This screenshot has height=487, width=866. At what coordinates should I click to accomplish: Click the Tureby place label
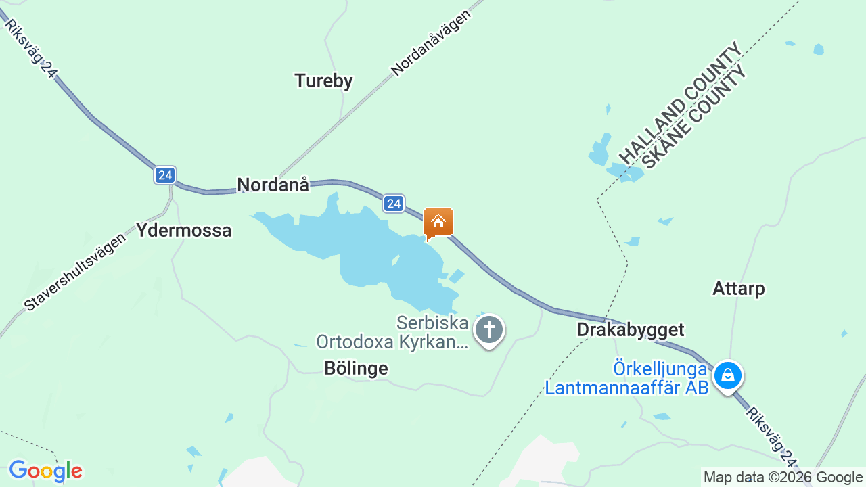click(x=323, y=81)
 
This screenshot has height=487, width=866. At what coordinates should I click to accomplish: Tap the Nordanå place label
click(x=273, y=185)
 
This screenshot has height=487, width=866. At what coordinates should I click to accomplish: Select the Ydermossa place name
click(x=184, y=230)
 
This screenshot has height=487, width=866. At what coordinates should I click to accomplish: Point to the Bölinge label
click(x=356, y=368)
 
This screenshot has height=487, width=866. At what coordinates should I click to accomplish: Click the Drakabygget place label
click(x=631, y=329)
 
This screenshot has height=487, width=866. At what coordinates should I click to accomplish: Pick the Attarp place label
click(x=738, y=289)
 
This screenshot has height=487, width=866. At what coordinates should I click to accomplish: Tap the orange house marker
click(x=438, y=223)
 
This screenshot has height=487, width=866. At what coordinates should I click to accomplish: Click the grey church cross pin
click(x=488, y=330)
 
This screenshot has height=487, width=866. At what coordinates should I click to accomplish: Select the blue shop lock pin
click(x=728, y=374)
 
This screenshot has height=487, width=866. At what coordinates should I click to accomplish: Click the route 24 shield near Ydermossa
click(x=164, y=175)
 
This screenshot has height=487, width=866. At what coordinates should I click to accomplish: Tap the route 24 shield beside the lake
click(x=394, y=203)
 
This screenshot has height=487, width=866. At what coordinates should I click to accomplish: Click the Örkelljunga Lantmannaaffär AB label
click(x=626, y=379)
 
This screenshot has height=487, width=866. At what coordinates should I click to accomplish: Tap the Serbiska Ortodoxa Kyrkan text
click(x=392, y=332)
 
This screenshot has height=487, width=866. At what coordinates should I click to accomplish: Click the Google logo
click(x=45, y=471)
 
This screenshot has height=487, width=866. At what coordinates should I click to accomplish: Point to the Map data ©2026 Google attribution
click(x=783, y=478)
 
